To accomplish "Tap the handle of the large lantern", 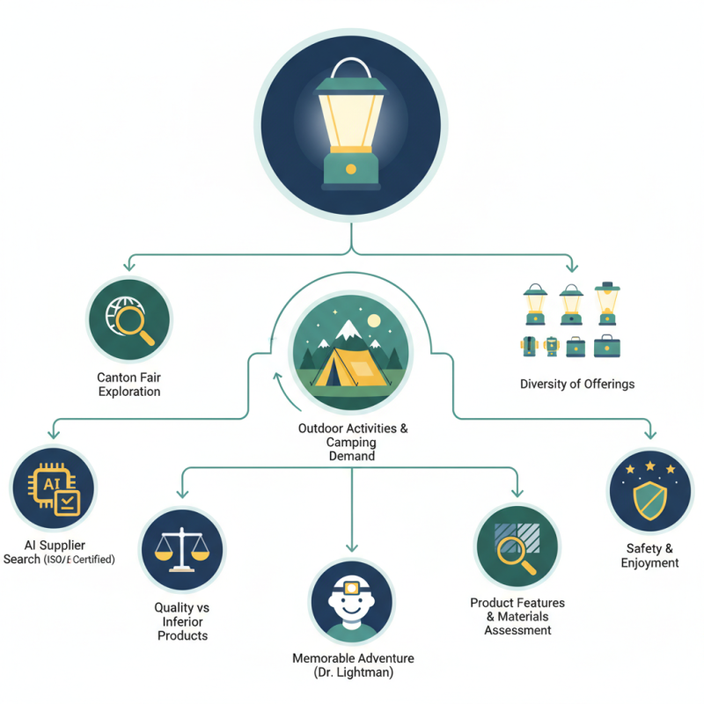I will coord(351,69).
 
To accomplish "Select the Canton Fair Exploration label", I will coord(128,384).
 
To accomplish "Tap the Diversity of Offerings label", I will coord(576,384).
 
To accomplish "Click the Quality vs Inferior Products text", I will coord(181,621).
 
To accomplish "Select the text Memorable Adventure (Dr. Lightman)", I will coord(352,665).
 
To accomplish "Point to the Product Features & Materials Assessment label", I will coord(517,616).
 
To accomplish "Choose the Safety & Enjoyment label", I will coord(649,556).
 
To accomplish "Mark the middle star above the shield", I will coord(649,464).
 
